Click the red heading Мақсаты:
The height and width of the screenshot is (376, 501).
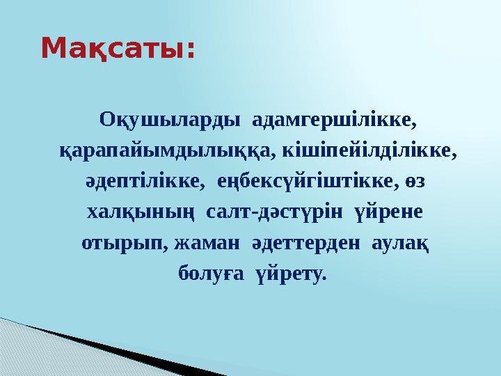[118, 49]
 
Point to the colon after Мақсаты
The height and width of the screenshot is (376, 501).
[190, 52]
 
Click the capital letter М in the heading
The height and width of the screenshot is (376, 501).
[54, 49]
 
